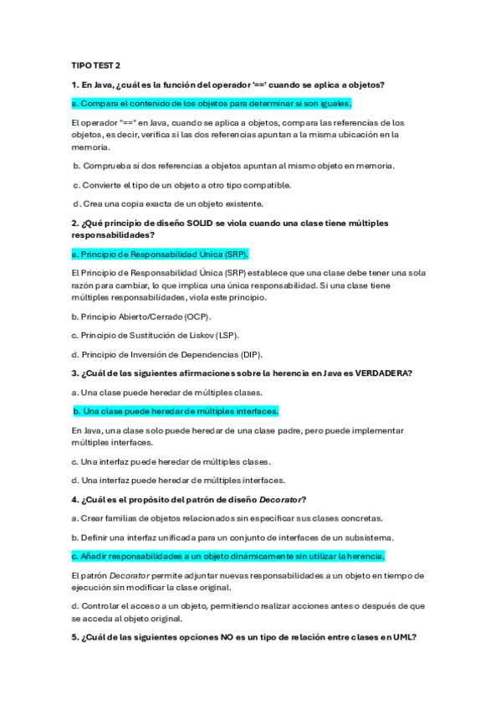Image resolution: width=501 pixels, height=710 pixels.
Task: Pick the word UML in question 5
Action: click(403, 637)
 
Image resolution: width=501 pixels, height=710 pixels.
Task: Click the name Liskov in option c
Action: click(197, 335)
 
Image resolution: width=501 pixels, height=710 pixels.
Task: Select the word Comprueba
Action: click(104, 165)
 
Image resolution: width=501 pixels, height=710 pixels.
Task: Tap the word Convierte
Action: click(100, 184)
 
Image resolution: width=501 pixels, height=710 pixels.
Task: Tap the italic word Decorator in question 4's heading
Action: click(278, 499)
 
